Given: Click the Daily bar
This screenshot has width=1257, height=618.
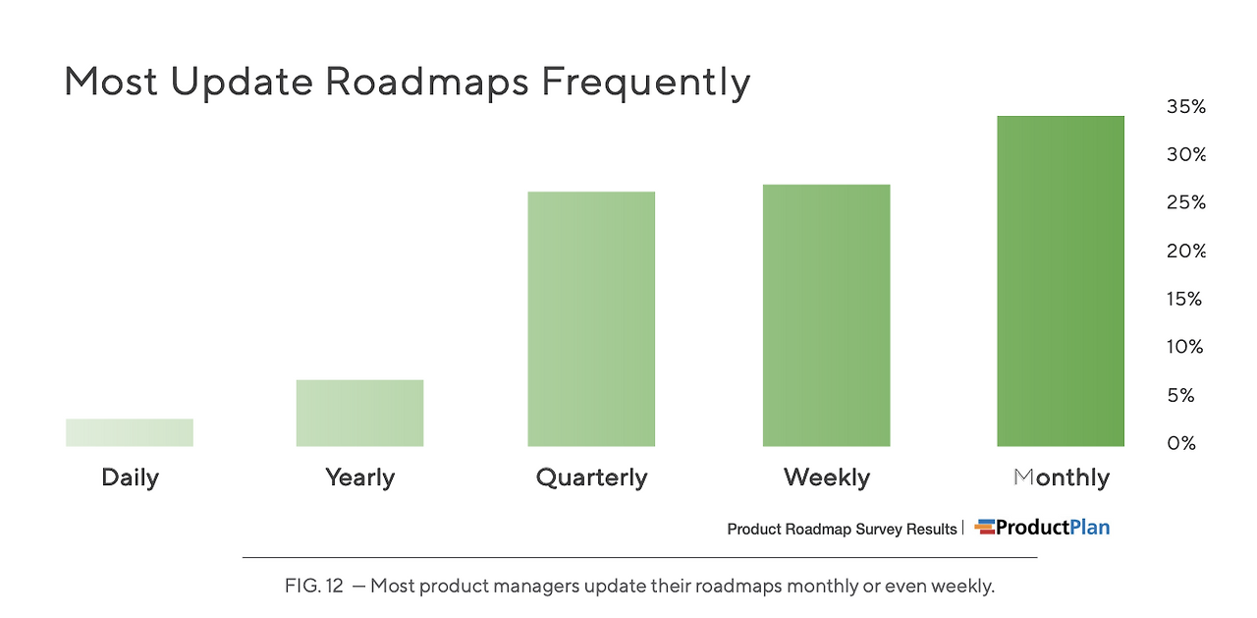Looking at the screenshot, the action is (x=130, y=432).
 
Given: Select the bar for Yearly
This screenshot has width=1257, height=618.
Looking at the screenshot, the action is (x=359, y=413).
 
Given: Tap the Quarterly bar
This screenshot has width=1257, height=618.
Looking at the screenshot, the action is (x=591, y=318).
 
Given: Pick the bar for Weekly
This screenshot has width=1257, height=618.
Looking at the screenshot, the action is (x=826, y=315).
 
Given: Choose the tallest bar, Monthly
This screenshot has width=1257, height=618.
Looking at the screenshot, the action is (x=1061, y=281).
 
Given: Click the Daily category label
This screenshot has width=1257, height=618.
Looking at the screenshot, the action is (x=131, y=478).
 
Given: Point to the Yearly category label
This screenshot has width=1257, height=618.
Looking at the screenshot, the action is (x=360, y=478).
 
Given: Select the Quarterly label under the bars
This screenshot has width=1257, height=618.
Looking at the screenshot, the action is (x=591, y=478).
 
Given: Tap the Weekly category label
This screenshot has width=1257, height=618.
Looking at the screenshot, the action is (x=827, y=478).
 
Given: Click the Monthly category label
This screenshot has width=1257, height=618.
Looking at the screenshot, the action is (x=1062, y=478).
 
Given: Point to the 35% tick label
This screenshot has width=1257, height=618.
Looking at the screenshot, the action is (x=1186, y=106).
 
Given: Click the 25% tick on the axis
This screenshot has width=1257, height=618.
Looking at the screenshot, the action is (x=1186, y=202).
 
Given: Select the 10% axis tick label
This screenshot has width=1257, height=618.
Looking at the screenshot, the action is (x=1184, y=347).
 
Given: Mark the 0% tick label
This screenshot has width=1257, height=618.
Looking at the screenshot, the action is (x=1181, y=443).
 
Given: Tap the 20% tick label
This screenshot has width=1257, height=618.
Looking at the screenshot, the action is (x=1186, y=251).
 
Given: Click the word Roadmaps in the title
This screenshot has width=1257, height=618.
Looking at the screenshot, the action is (x=427, y=82).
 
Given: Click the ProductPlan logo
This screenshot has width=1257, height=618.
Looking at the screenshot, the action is (x=1042, y=528).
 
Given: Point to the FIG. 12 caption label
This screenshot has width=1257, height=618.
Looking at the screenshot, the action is (x=313, y=586).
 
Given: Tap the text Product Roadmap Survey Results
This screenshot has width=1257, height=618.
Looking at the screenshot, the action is (x=842, y=530).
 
